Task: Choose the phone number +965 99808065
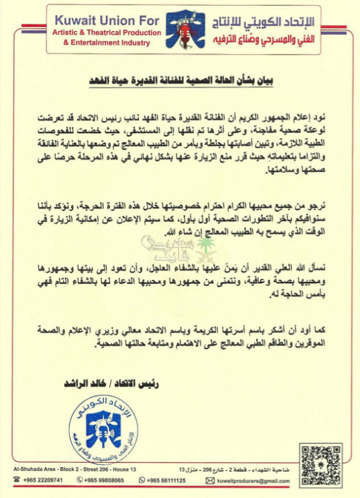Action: [x=107, y=481]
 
